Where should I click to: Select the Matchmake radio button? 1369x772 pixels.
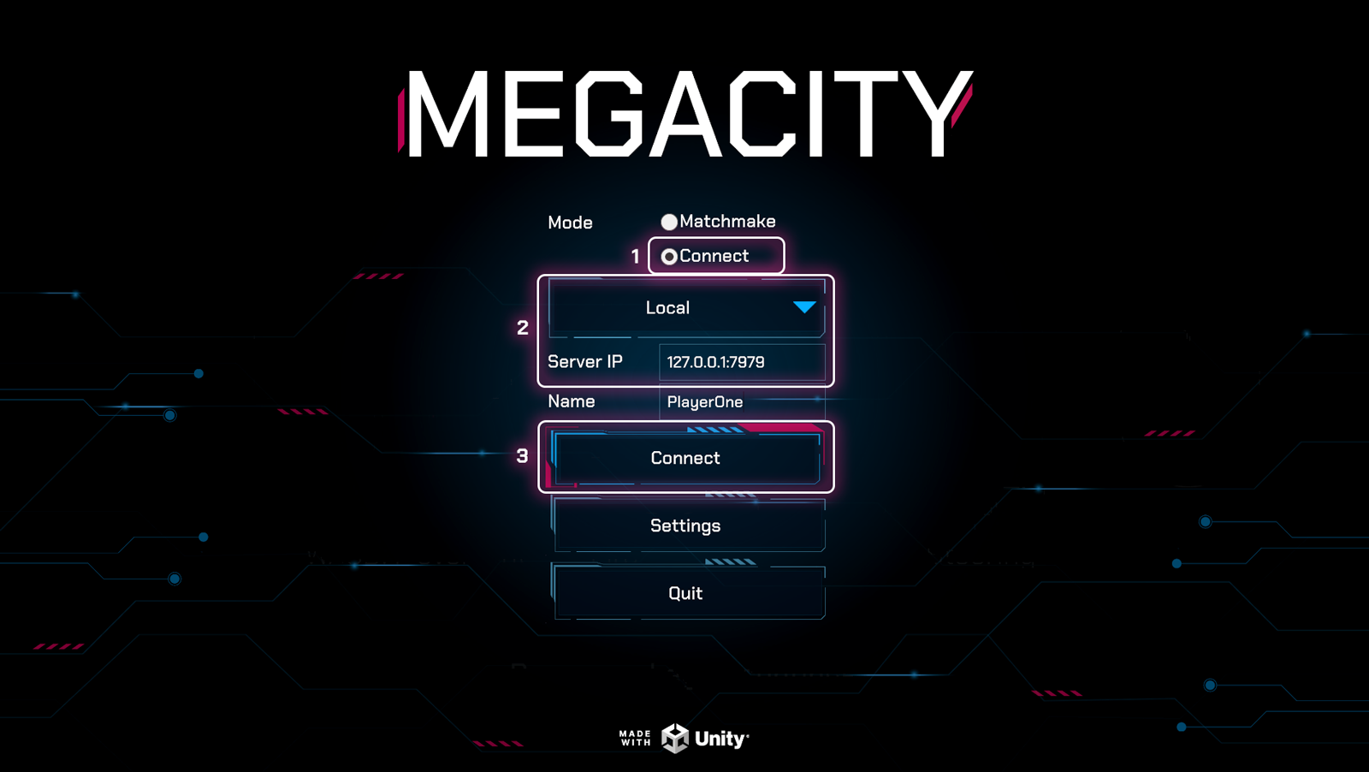pyautogui.click(x=669, y=223)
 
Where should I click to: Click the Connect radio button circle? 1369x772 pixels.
pyautogui.click(x=669, y=257)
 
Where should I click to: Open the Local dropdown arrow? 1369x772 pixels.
pyautogui.click(x=803, y=307)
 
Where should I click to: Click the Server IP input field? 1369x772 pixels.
pyautogui.click(x=741, y=362)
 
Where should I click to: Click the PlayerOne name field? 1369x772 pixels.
pyautogui.click(x=741, y=402)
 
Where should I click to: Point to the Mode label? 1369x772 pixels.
pyautogui.click(x=570, y=223)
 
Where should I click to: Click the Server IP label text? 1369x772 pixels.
pyautogui.click(x=584, y=362)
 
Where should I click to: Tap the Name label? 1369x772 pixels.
pyautogui.click(x=571, y=401)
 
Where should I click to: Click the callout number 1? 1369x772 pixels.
pyautogui.click(x=635, y=257)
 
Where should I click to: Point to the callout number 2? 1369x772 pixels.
pyautogui.click(x=523, y=328)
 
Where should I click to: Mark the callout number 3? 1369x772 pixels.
pyautogui.click(x=522, y=456)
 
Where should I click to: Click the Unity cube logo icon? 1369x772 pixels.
pyautogui.click(x=675, y=738)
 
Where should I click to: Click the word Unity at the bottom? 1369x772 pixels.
pyautogui.click(x=720, y=739)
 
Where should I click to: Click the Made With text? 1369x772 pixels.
pyautogui.click(x=635, y=738)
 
